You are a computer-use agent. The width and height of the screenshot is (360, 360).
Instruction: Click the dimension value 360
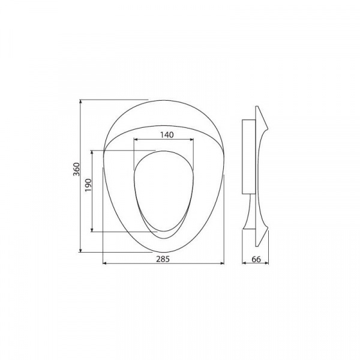pos(76,169)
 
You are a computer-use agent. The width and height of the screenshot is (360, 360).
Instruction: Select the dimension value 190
pos(88,185)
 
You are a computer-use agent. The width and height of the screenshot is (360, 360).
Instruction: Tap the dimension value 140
pos(167,135)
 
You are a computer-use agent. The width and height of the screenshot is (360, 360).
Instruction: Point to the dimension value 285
pos(163,259)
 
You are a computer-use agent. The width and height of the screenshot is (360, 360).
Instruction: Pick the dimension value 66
pos(256,259)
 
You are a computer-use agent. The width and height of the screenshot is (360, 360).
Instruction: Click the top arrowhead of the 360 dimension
pos(80,101)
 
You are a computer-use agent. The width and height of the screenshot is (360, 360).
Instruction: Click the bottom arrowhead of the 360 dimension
pos(80,250)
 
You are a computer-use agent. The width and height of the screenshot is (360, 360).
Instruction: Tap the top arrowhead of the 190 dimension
pos(92,152)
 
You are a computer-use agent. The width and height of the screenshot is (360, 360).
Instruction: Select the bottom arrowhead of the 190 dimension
pos(92,230)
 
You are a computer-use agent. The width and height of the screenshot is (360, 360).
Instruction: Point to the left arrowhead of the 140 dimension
pos(136,139)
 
